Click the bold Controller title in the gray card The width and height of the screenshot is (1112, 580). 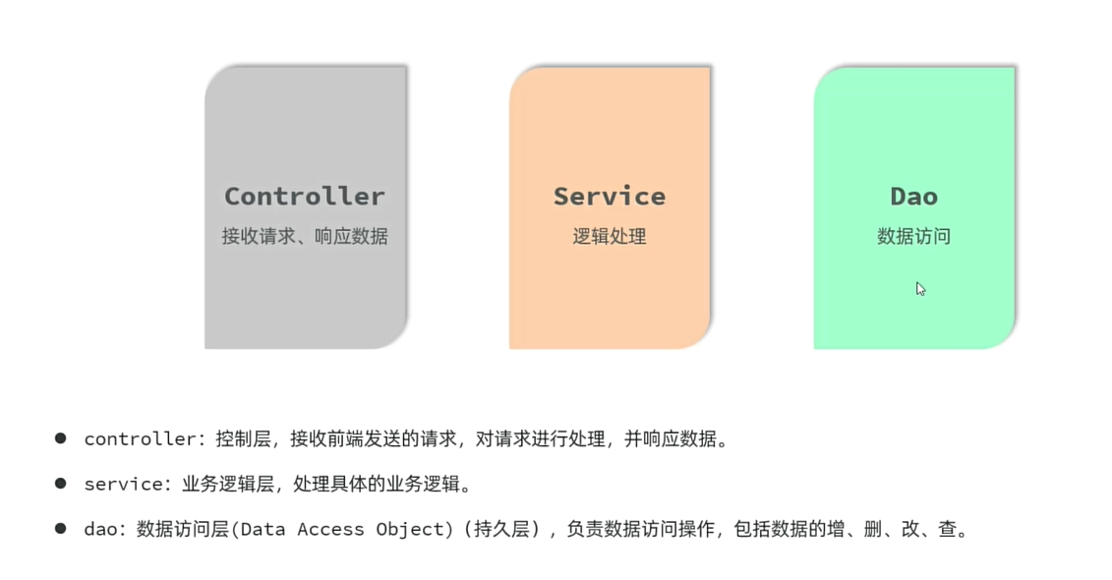pyautogui.click(x=304, y=197)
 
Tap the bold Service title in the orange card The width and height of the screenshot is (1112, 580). pyautogui.click(x=609, y=197)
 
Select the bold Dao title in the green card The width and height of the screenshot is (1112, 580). pyautogui.click(x=913, y=197)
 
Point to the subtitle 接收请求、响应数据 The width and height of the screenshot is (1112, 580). pyautogui.click(x=304, y=237)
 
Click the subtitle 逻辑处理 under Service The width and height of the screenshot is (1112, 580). pyautogui.click(x=609, y=237)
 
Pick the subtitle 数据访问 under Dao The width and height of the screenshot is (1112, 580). pyautogui.click(x=913, y=237)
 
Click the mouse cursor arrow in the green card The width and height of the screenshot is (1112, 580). pyautogui.click(x=920, y=288)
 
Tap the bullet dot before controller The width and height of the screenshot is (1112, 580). pyautogui.click(x=61, y=438)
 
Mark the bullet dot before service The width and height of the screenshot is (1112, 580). pyautogui.click(x=61, y=484)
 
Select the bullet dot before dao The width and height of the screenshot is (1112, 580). pyautogui.click(x=61, y=529)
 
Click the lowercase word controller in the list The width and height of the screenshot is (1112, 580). pyautogui.click(x=140, y=439)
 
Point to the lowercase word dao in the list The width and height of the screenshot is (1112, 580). pyautogui.click(x=100, y=530)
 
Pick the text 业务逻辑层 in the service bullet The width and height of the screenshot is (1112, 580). pyautogui.click(x=225, y=485)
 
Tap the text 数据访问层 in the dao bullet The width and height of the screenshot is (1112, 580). pyautogui.click(x=182, y=530)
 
